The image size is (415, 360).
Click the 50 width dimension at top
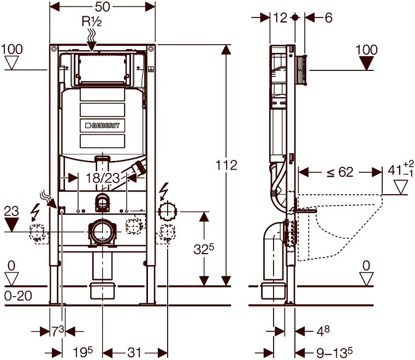click(102, 7)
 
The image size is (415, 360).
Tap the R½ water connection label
click(92, 21)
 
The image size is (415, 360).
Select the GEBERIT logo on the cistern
click(103, 125)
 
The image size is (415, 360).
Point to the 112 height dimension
click(226, 165)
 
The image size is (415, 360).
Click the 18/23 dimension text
click(103, 178)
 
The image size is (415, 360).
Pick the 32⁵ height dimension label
click(204, 249)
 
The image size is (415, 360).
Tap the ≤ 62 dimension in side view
click(340, 172)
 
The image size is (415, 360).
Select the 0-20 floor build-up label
click(18, 296)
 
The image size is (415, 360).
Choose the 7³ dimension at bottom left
click(58, 331)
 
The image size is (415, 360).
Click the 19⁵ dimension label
click(83, 352)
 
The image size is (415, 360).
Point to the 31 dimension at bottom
click(134, 352)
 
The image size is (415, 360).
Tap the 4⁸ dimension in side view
click(323, 331)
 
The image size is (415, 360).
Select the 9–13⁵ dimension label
click(335, 352)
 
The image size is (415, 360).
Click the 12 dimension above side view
click(280, 17)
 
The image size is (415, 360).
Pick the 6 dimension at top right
click(329, 17)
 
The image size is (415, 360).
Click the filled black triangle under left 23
click(11, 224)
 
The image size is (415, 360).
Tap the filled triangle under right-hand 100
click(366, 63)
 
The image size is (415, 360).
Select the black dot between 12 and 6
click(295, 17)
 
